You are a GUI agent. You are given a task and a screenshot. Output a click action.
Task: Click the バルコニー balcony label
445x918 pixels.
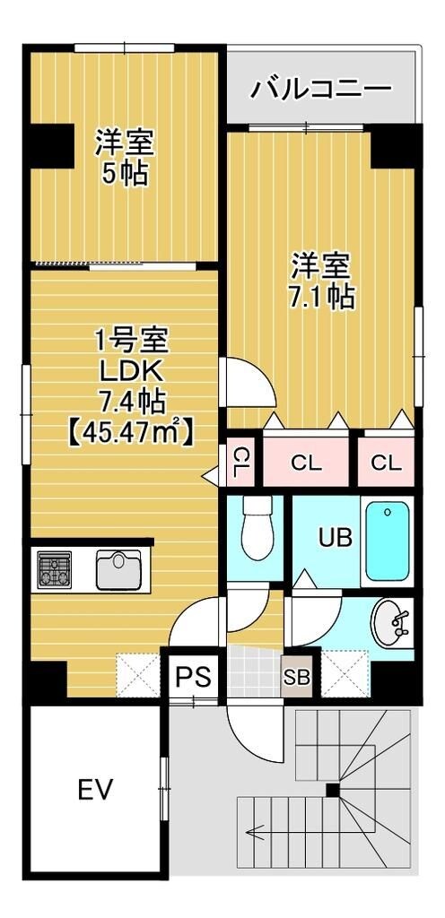pos(320,88)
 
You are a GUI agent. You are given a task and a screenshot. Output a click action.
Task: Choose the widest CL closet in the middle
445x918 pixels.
pos(306,463)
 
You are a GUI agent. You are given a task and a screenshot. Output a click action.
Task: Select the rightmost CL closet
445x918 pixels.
pos(386,463)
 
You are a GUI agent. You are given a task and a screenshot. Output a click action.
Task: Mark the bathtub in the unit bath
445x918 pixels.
pos(388,541)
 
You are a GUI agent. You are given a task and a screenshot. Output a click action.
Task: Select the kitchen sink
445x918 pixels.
pos(118,570)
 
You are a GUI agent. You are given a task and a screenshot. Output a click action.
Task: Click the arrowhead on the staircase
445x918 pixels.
pos(255,830)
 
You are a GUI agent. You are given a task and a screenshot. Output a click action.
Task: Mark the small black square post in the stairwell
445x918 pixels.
pos(333,790)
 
